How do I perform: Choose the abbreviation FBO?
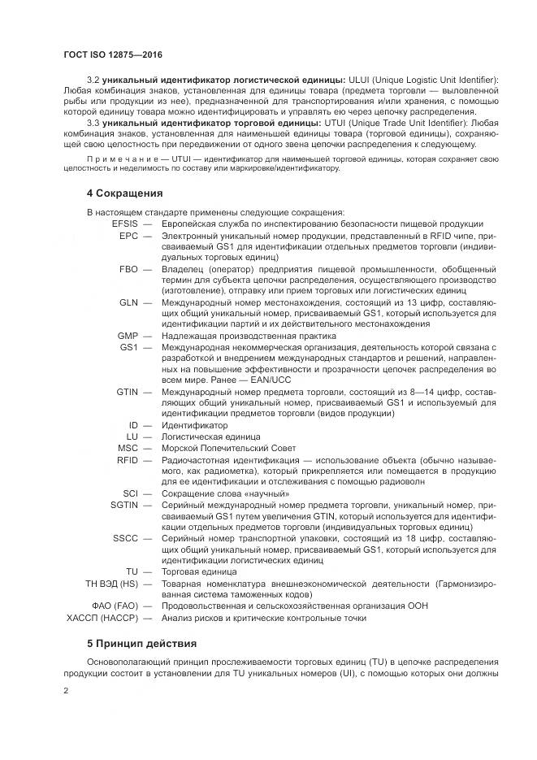coord(128,267)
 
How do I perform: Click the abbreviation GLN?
coord(128,302)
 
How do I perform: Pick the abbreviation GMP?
coord(128,335)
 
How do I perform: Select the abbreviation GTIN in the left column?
coord(127,391)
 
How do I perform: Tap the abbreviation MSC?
coord(128,447)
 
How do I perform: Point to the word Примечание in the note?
coord(117,159)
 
